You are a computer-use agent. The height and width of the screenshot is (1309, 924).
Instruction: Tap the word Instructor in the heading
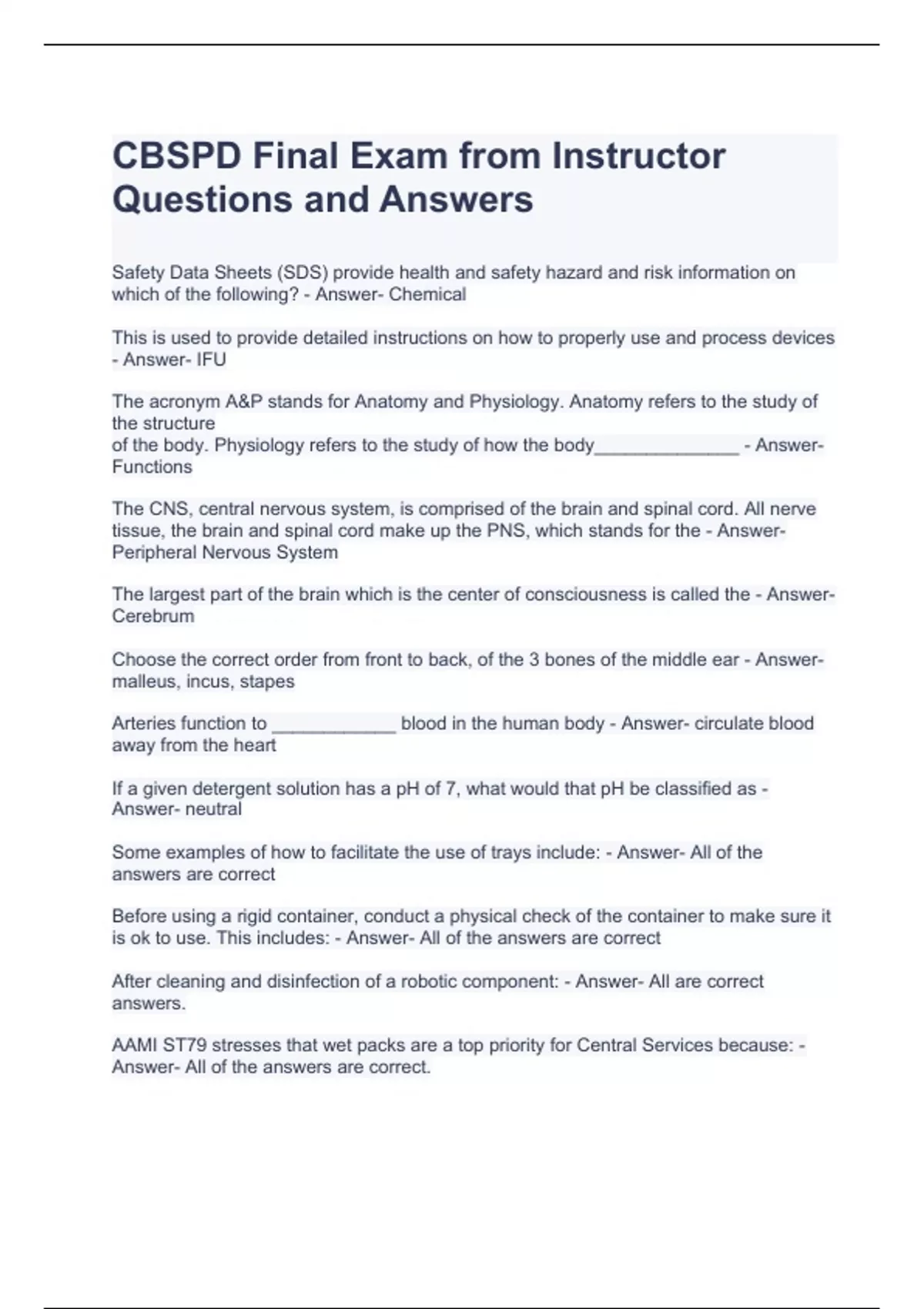click(x=638, y=156)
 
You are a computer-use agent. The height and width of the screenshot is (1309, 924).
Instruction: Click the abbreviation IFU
click(x=211, y=360)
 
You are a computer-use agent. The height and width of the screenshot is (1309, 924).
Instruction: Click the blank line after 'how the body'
click(x=667, y=447)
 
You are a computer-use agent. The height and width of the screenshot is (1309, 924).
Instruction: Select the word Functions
click(x=152, y=467)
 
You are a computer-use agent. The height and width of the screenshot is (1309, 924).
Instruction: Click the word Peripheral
click(x=154, y=552)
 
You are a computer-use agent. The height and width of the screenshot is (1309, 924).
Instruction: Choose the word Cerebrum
click(x=152, y=616)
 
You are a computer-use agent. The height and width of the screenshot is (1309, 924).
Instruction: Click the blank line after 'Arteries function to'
click(x=334, y=725)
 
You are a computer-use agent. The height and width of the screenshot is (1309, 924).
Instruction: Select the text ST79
click(x=184, y=1046)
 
